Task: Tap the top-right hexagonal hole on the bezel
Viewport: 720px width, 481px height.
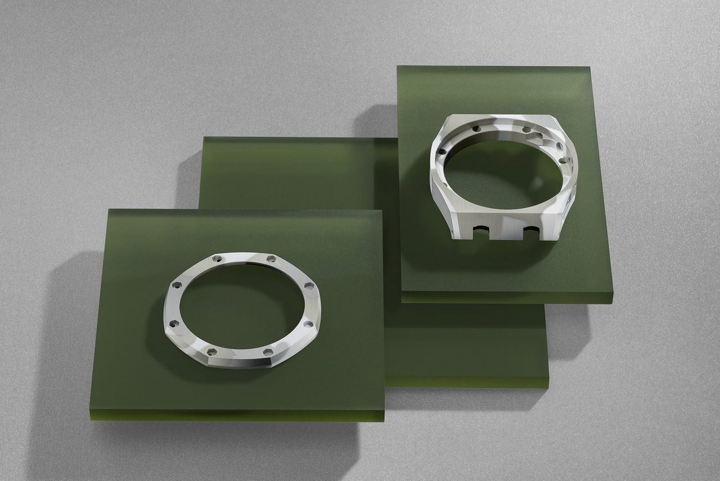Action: [272, 258]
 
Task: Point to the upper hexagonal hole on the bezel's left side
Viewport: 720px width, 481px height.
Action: [175, 285]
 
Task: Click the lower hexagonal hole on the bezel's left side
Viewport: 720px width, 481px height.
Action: [173, 324]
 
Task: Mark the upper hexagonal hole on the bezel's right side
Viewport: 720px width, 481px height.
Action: [308, 287]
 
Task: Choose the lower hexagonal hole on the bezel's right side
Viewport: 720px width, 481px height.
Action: [307, 324]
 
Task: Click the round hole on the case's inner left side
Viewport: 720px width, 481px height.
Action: [443, 151]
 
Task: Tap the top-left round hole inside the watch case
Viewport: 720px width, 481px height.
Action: [476, 129]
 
